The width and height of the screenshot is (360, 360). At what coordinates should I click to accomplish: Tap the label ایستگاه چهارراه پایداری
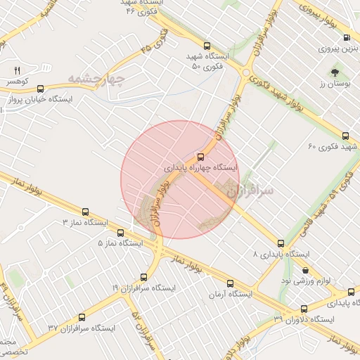(x=201, y=168)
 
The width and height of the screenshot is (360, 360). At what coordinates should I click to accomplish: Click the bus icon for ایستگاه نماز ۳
(x=86, y=211)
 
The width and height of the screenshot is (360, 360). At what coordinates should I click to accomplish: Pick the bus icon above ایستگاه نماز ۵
(x=117, y=232)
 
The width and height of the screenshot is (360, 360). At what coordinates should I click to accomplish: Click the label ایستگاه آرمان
(x=233, y=294)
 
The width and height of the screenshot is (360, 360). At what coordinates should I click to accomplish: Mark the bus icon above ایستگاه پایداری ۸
(x=281, y=243)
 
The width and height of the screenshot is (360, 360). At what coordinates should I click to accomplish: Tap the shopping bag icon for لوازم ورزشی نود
(x=305, y=270)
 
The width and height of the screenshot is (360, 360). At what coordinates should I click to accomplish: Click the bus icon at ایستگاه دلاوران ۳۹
(x=304, y=309)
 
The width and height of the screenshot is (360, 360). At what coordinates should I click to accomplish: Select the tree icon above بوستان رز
(x=334, y=72)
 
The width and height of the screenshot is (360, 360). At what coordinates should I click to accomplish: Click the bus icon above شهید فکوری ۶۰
(x=345, y=136)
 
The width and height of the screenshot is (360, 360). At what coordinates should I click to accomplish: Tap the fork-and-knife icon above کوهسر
(x=18, y=70)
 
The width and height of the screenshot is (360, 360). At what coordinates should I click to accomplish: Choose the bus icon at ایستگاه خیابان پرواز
(x=39, y=89)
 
